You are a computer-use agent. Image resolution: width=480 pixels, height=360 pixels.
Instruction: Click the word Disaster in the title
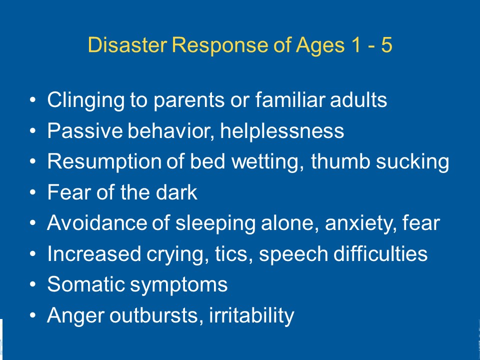coord(127,45)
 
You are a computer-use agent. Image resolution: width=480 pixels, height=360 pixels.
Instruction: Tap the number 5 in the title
coord(386,45)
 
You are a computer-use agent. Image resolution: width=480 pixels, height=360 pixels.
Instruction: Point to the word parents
coord(189,100)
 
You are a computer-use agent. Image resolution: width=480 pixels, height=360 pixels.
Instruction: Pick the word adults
coord(358,100)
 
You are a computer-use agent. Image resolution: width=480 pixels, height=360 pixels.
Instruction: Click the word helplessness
coord(282,130)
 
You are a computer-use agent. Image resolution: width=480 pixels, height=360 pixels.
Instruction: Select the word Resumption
coord(104,162)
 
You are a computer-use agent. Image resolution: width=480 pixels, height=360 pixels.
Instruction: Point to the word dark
coord(176,192)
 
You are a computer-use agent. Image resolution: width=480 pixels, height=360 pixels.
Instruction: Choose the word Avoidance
coord(96,222)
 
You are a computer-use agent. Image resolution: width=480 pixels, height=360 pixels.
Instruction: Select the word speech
coord(293,254)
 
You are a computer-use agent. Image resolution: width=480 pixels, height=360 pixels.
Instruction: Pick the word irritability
coord(251,315)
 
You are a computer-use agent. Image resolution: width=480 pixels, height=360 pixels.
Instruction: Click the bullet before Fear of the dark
coord(33,192)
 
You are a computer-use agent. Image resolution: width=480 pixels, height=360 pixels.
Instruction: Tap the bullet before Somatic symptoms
coord(33,284)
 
